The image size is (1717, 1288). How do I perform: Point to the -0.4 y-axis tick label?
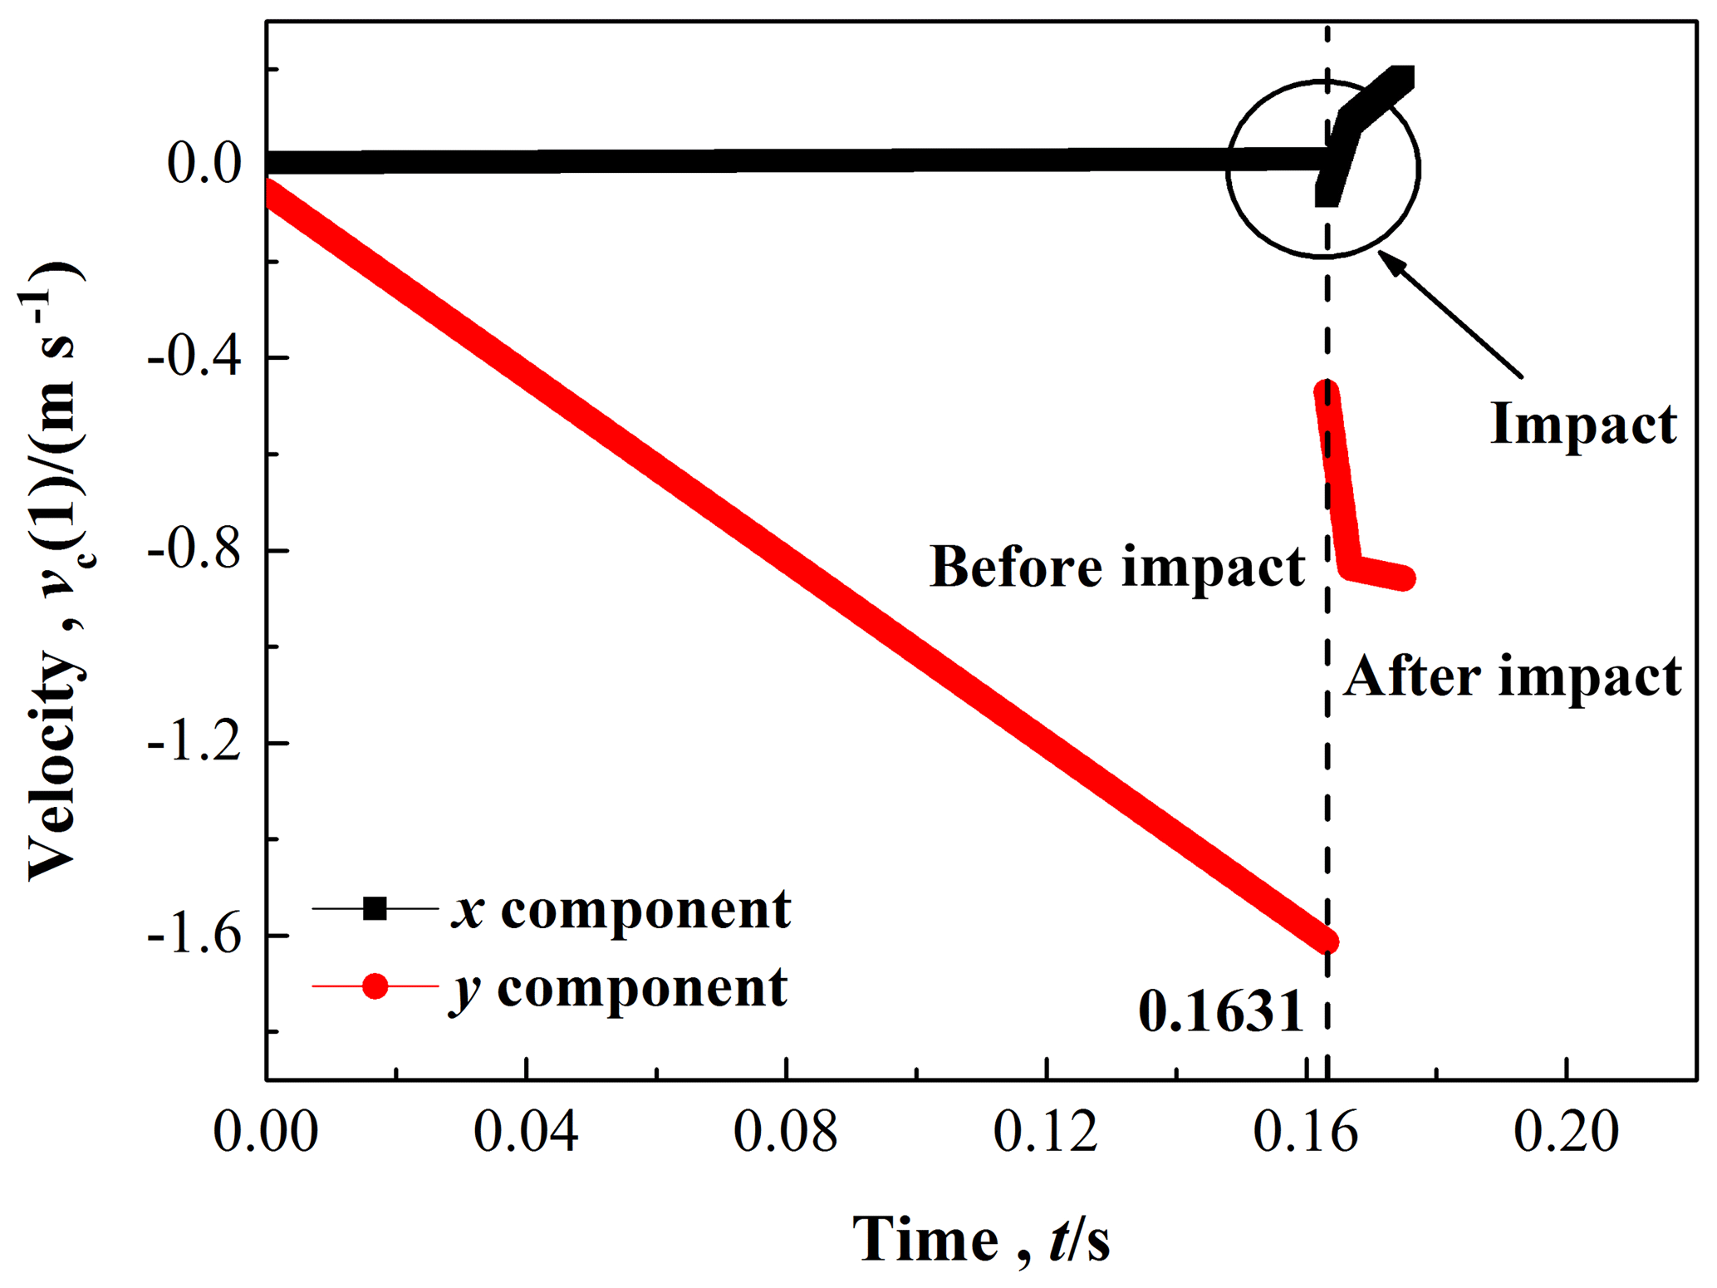tap(194, 357)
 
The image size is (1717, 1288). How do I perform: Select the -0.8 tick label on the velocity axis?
tap(194, 550)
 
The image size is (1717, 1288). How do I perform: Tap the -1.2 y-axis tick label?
tap(194, 743)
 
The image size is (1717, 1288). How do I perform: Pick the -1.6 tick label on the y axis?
tap(194, 936)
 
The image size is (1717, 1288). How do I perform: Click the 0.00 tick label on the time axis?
tap(266, 1132)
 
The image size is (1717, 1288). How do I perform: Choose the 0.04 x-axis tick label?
tap(526, 1132)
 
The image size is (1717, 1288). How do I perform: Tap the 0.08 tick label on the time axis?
tap(786, 1132)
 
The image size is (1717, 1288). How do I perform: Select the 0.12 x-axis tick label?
tap(1046, 1132)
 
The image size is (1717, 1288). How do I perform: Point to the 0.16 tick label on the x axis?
tap(1306, 1132)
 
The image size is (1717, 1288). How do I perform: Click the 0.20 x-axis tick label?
tap(1566, 1132)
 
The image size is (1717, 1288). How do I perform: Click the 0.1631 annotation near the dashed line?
tap(1220, 1012)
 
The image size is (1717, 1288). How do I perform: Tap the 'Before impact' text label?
tap(1116, 567)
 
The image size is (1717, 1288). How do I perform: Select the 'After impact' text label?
tap(1512, 676)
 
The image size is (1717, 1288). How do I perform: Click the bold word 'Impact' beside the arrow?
tap(1583, 424)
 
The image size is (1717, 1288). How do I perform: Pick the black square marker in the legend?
tap(375, 908)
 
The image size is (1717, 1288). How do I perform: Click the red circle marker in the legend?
tap(375, 986)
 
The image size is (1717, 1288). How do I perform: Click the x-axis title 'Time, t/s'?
tap(980, 1240)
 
